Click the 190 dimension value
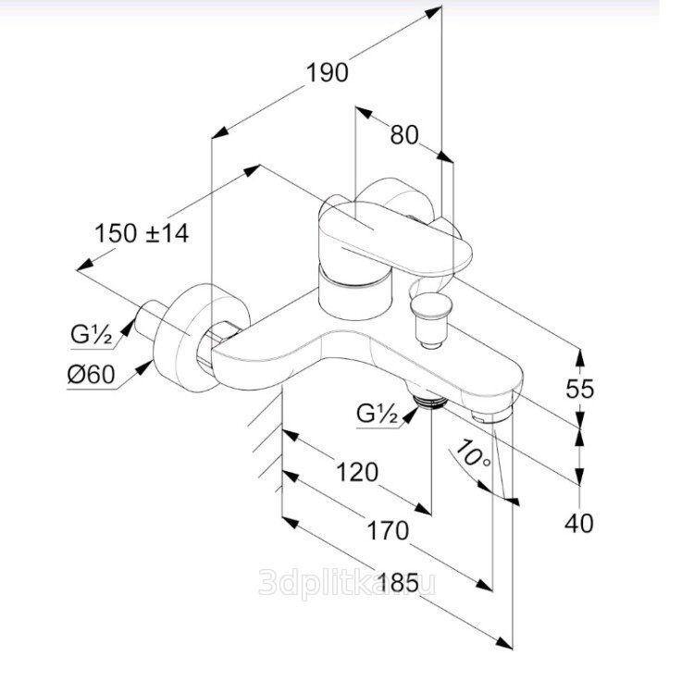click(328, 72)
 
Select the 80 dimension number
click(404, 134)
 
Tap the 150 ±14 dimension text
click(143, 233)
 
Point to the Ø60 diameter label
click(92, 375)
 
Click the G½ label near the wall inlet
click(92, 334)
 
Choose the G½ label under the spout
click(378, 414)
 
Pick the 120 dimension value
click(357, 472)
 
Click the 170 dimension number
click(388, 531)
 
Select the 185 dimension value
click(398, 582)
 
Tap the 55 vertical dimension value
click(580, 389)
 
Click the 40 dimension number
click(579, 524)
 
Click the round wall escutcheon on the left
click(201, 337)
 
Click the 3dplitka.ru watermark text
click(347, 583)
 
